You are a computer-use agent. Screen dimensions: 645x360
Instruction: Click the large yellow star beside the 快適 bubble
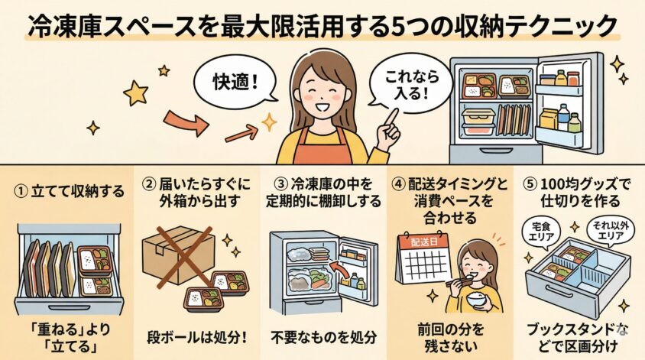click(135, 92)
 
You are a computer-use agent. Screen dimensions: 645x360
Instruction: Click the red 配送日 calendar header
click(423, 242)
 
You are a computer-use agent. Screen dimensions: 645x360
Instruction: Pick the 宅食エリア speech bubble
click(540, 232)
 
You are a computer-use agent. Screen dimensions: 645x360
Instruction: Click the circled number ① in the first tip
click(20, 191)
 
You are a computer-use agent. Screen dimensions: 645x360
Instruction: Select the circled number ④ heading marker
click(398, 185)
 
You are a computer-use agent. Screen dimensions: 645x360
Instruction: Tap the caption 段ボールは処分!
click(197, 338)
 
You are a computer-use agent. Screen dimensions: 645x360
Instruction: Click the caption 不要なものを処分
click(324, 338)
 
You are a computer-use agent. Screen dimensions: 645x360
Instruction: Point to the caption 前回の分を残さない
click(451, 338)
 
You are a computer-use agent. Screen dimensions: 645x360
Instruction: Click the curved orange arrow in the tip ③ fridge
click(338, 271)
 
